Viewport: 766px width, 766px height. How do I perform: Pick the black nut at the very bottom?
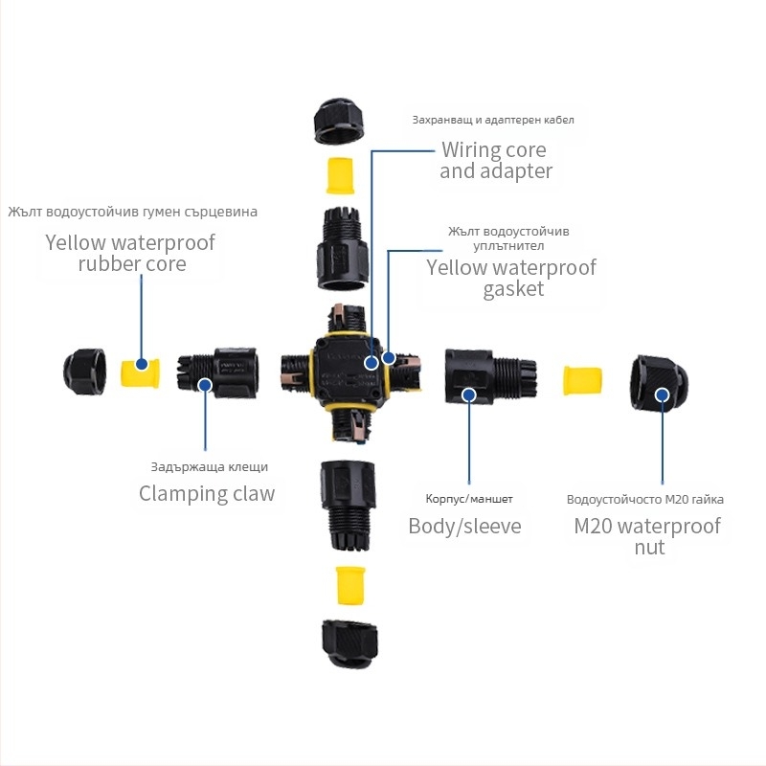click(x=349, y=644)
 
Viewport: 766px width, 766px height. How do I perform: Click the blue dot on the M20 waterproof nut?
click(x=661, y=394)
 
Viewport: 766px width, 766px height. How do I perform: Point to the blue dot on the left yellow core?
click(x=142, y=364)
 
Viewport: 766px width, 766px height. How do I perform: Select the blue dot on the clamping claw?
click(x=204, y=386)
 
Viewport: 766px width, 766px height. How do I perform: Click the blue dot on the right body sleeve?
click(x=468, y=394)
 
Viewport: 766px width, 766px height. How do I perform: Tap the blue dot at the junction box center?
click(x=372, y=363)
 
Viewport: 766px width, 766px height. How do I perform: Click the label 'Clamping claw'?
click(x=207, y=494)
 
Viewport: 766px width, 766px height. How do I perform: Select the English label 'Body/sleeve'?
click(x=464, y=526)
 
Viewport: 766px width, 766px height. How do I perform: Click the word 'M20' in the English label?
click(x=594, y=526)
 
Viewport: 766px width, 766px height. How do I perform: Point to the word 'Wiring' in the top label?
click(x=471, y=150)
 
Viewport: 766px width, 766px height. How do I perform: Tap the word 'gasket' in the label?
click(x=513, y=289)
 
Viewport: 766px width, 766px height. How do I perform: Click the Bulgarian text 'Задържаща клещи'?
click(x=210, y=467)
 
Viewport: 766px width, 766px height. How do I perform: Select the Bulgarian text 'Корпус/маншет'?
click(x=469, y=499)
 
